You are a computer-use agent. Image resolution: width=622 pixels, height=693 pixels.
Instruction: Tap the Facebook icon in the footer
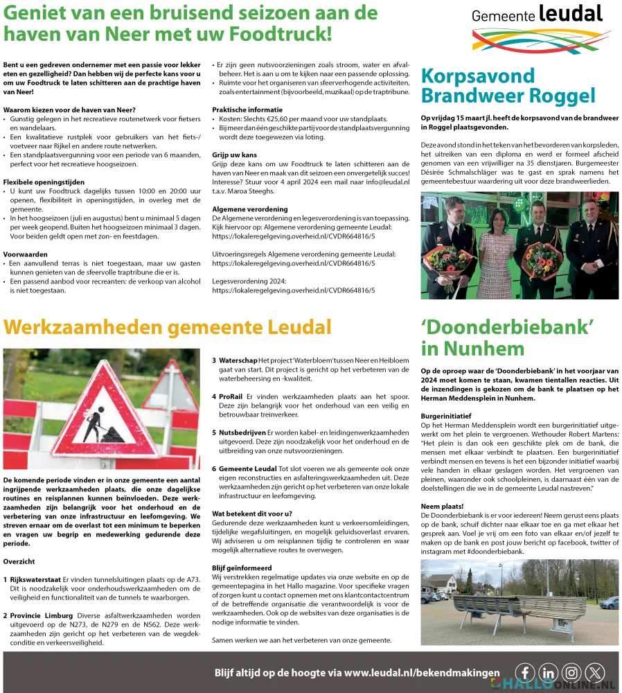(x=525, y=672)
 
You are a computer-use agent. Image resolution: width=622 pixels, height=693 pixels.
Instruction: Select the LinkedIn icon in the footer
(x=548, y=672)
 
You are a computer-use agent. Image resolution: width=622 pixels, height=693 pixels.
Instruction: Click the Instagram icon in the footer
(x=571, y=672)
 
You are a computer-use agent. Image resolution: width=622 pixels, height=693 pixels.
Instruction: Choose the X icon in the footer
(x=595, y=672)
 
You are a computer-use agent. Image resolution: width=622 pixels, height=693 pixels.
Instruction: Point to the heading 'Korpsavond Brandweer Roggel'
(x=508, y=85)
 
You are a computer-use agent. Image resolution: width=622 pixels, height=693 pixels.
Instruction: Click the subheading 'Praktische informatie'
(x=247, y=109)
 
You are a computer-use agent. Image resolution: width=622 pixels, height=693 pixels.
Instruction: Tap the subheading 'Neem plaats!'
(x=441, y=507)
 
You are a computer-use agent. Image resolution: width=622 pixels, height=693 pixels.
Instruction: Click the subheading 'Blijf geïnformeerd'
(x=242, y=567)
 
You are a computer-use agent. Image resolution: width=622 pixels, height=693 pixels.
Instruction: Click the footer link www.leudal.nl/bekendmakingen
(x=422, y=672)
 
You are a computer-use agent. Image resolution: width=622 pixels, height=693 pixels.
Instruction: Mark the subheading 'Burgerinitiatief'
(x=446, y=416)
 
